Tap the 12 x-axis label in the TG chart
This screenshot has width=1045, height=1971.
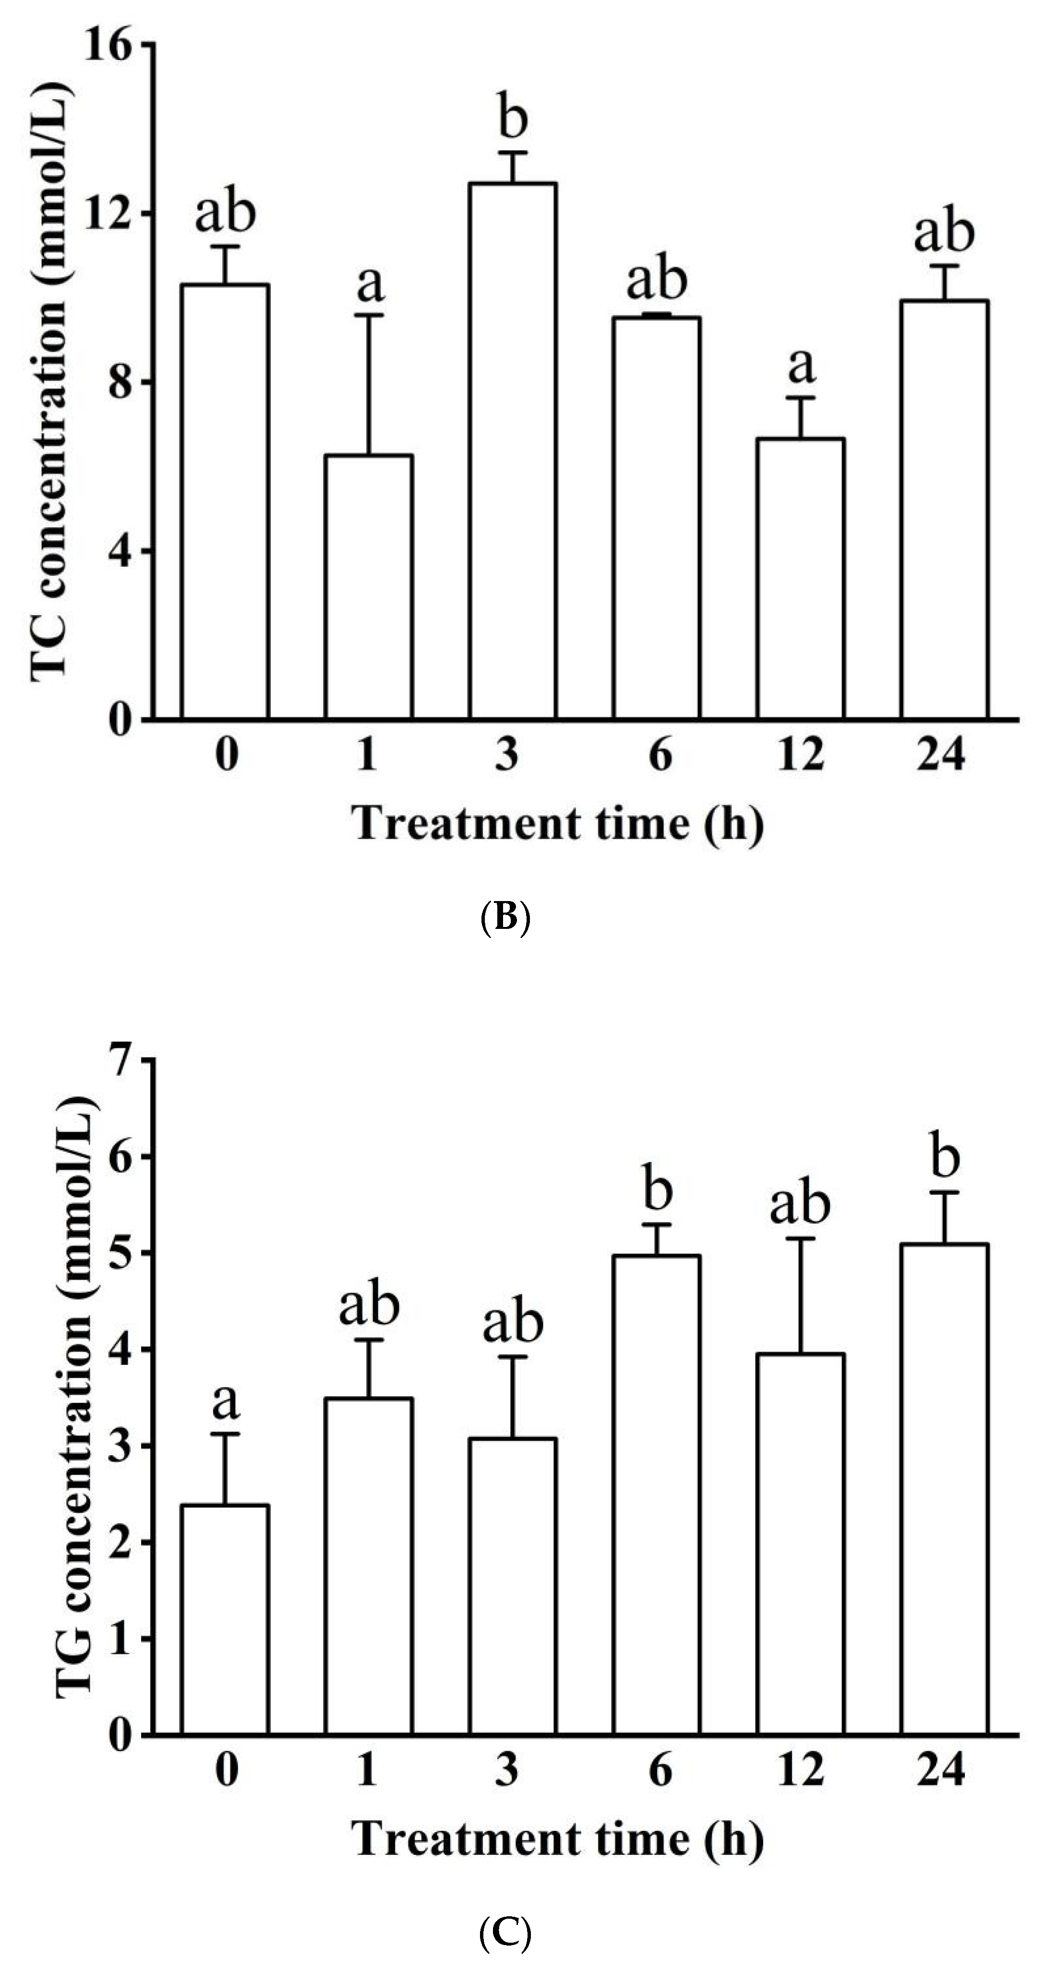pyautogui.click(x=800, y=1770)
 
